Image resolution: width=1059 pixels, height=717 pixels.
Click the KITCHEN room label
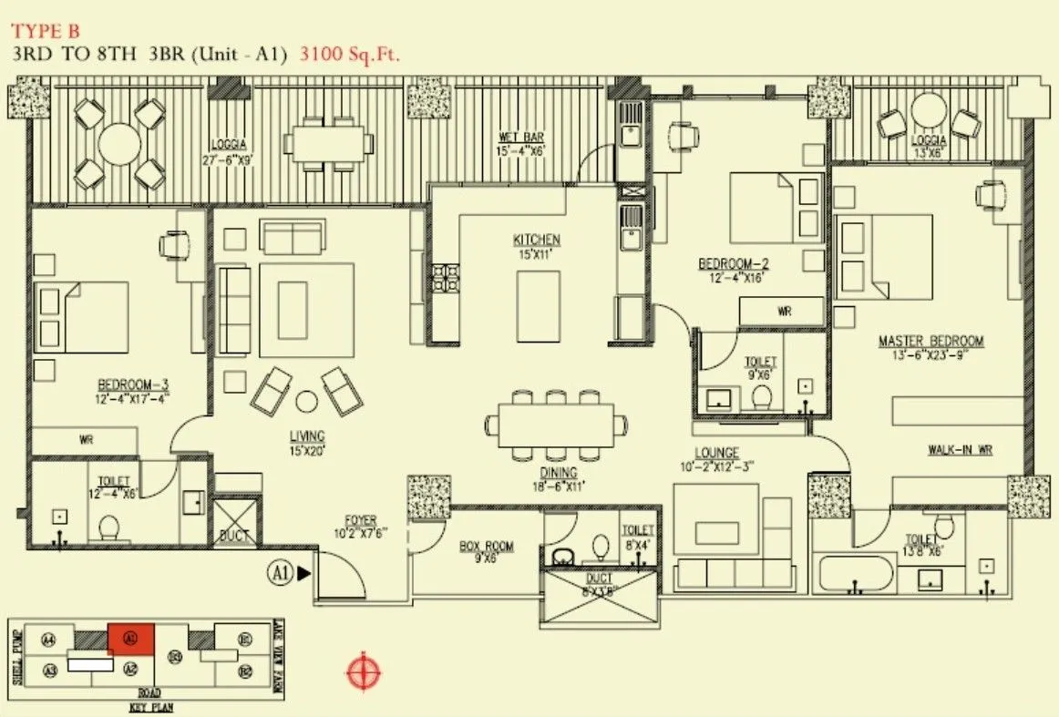pos(536,240)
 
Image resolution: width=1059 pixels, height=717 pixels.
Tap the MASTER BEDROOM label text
pos(930,341)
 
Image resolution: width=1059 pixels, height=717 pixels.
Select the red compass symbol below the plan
pos(363,672)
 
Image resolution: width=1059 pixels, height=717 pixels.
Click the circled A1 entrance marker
pos(278,573)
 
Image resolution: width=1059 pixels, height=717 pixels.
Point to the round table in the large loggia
pos(119,143)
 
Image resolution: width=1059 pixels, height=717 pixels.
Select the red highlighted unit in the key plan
pos(131,638)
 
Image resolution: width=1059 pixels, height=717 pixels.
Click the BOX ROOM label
pos(486,547)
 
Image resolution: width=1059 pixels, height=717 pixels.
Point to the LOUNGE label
pos(715,453)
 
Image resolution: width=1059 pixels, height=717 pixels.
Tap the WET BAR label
pos(521,138)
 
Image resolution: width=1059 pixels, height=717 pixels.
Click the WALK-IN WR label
pos(960,449)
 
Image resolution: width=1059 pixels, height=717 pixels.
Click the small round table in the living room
pos(306,401)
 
